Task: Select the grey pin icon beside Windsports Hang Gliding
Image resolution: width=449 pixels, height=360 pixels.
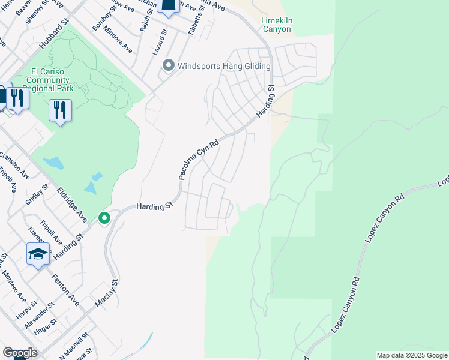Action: [169, 65]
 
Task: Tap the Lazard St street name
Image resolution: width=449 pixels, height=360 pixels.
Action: [157, 45]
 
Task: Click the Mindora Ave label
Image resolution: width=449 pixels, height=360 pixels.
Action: [118, 40]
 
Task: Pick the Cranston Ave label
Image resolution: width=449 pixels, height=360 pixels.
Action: [14, 166]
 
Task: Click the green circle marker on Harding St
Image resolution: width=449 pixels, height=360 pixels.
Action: [104, 218]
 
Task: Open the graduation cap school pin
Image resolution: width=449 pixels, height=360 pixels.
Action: [38, 254]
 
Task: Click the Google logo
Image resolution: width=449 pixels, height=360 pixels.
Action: [19, 353]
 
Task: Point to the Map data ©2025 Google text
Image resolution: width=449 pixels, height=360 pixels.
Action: [411, 355]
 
